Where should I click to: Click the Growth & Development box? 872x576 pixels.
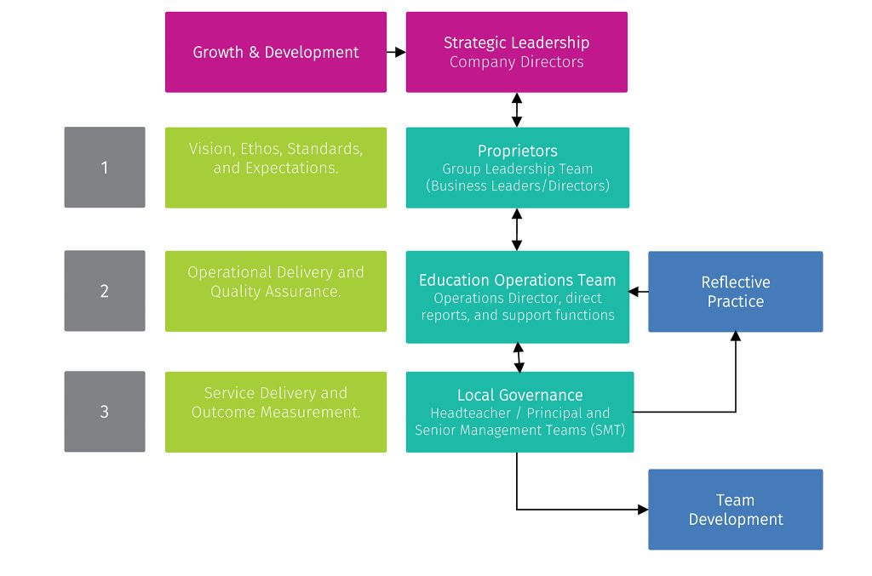coord(275,52)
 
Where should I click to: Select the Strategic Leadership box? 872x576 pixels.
coord(516,52)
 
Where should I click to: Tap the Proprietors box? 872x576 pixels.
coord(517,168)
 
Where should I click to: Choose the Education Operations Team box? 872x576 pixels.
coord(517,297)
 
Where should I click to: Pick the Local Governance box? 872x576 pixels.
coord(519,412)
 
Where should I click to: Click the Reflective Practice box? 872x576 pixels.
coord(735,291)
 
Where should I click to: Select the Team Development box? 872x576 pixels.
coord(735,510)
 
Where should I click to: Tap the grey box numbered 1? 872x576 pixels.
coord(105,168)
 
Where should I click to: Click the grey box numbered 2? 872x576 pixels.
coord(105,291)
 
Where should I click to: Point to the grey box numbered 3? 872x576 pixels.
coord(105,412)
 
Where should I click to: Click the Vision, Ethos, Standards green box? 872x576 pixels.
coord(275,168)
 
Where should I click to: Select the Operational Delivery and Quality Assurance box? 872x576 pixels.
coord(275,291)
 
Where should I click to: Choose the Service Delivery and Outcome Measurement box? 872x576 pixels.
coord(275,412)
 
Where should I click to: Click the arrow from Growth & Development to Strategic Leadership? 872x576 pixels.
coord(396,52)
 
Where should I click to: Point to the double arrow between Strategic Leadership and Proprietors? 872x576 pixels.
coord(517,110)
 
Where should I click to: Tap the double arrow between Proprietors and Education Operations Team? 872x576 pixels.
coord(517,229)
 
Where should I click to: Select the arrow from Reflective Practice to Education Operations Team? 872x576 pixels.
coord(639,292)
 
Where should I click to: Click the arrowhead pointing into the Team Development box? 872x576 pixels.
coord(643,510)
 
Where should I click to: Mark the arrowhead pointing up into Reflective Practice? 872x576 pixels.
coord(735,337)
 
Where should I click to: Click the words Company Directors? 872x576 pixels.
coord(516,62)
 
